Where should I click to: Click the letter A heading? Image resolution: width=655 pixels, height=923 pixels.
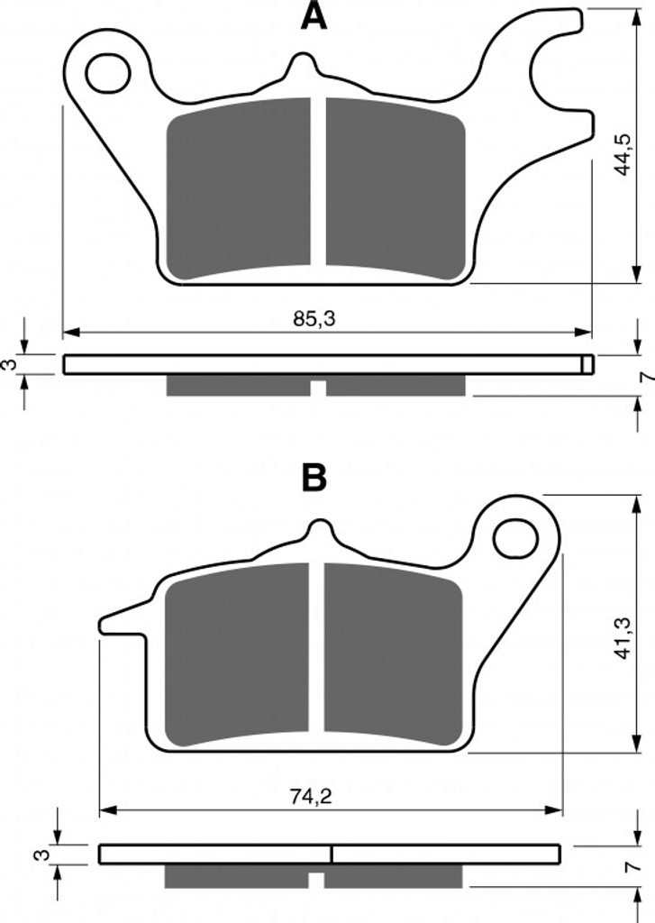tap(314, 16)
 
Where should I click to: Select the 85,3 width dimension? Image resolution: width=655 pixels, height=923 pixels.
tap(314, 319)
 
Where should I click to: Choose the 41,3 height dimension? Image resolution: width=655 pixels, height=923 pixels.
tap(622, 637)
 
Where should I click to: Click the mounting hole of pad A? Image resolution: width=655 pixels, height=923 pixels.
tap(108, 73)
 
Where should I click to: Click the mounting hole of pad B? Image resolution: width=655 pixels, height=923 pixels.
tap(516, 539)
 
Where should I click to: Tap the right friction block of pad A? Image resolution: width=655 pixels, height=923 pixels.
tap(396, 187)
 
